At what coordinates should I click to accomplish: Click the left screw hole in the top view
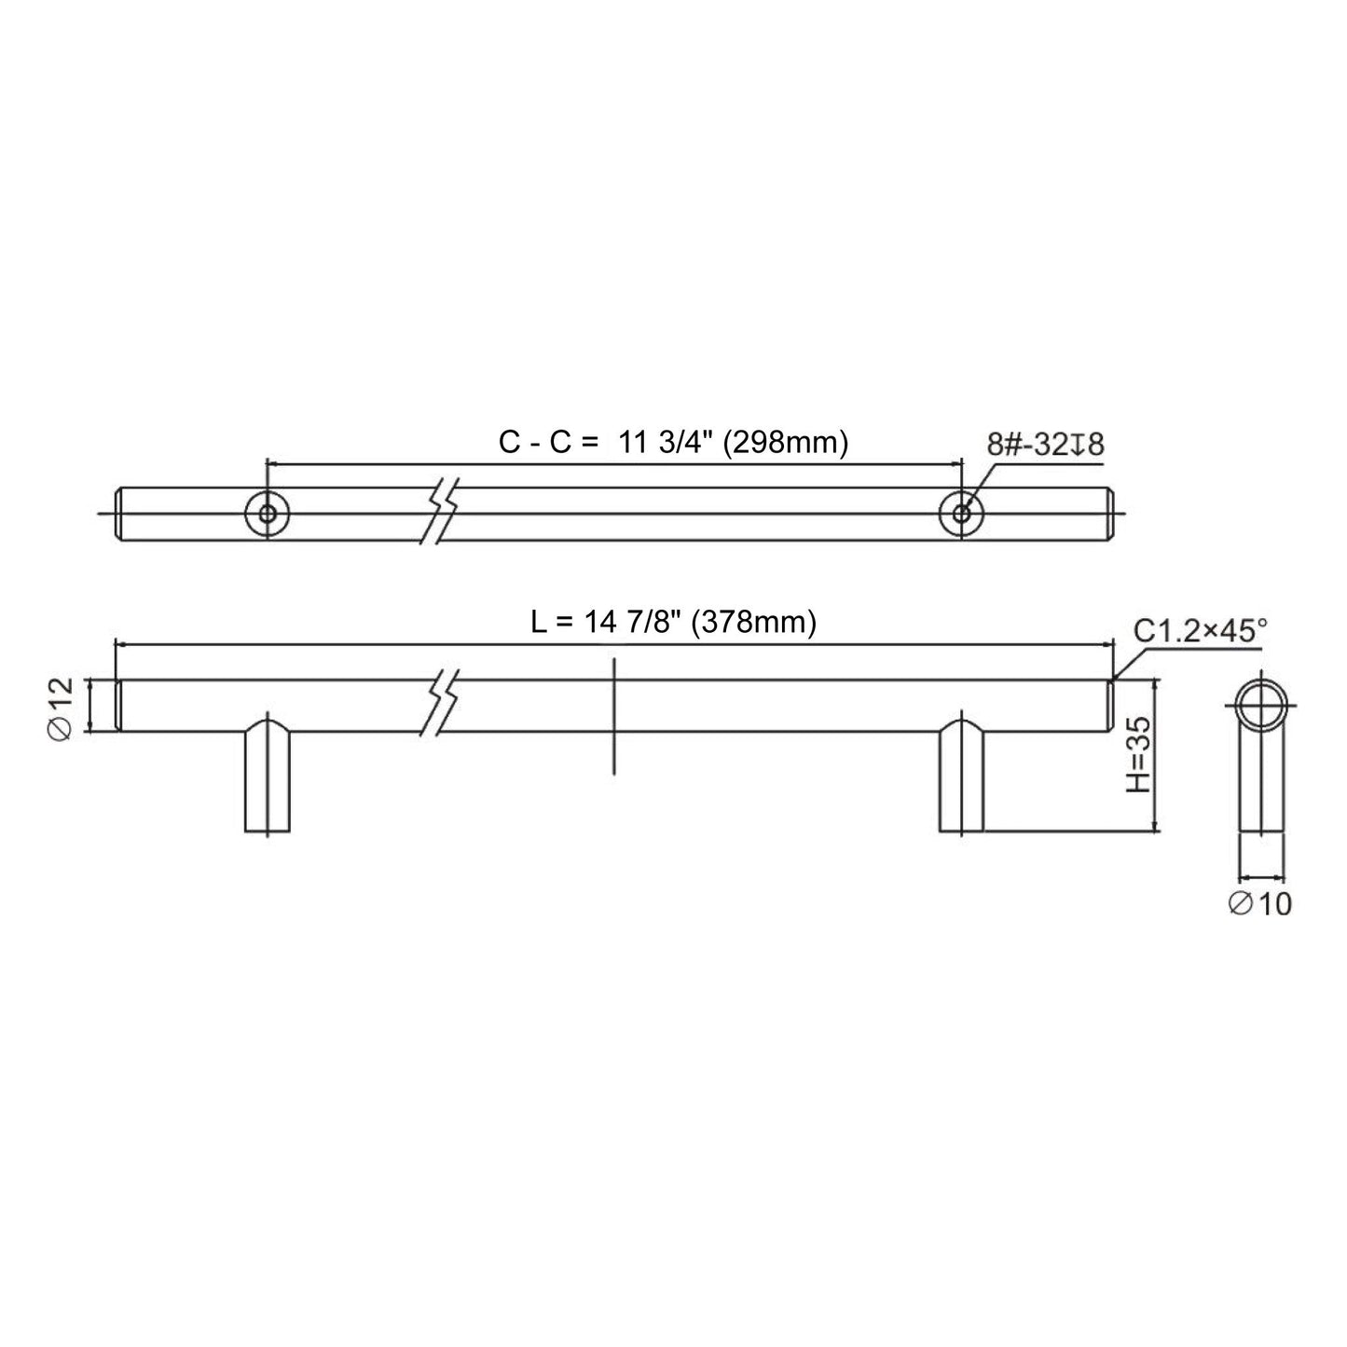tap(268, 513)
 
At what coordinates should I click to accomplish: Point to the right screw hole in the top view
tap(961, 513)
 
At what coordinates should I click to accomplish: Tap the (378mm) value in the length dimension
tap(753, 621)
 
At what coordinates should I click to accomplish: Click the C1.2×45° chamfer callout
tap(1200, 631)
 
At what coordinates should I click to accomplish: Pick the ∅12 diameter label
tap(61, 707)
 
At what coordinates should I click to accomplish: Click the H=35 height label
tap(1137, 755)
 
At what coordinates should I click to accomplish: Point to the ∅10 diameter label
tap(1260, 902)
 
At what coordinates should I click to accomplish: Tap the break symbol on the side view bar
tap(442, 706)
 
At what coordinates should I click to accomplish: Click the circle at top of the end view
tap(1261, 707)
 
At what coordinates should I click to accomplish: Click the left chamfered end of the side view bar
tap(119, 706)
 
